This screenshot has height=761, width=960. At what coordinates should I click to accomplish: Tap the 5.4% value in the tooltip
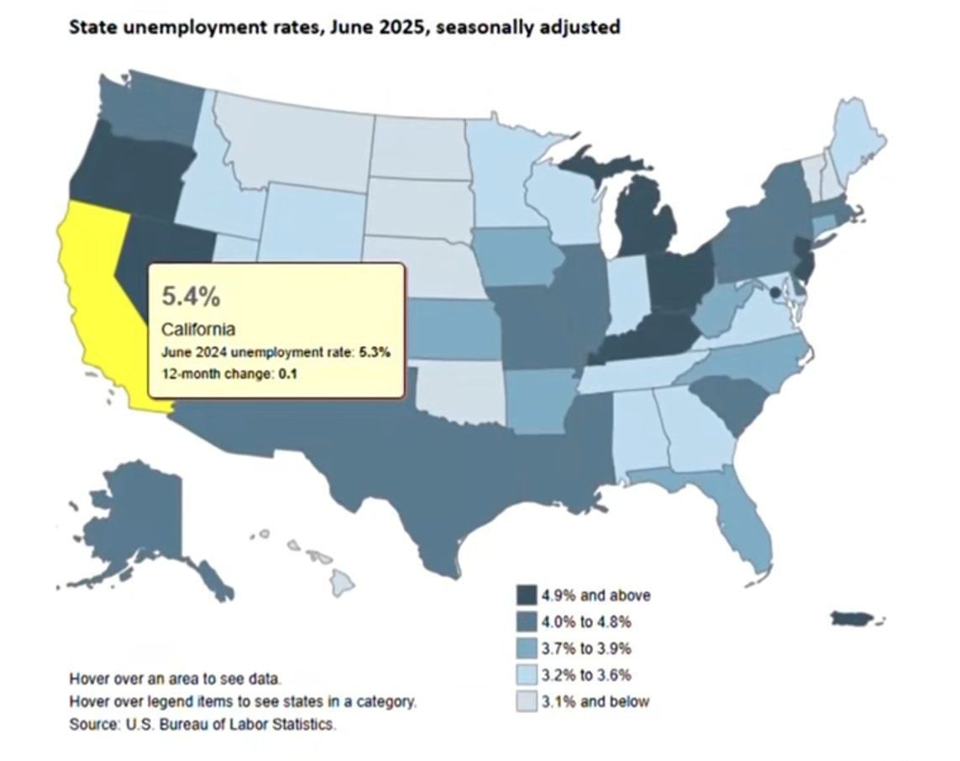click(191, 296)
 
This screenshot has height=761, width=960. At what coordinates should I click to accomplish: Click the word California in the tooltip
click(197, 329)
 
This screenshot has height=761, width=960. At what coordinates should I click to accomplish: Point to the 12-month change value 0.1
click(287, 374)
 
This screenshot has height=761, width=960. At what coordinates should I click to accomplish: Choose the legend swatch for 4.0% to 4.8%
click(527, 622)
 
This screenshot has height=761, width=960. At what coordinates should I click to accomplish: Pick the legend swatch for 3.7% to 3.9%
click(527, 648)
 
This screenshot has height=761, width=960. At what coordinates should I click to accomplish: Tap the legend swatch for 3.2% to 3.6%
click(527, 674)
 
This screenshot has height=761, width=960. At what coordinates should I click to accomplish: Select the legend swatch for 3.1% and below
click(527, 701)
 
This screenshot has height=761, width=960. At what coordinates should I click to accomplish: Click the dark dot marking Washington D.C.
click(774, 292)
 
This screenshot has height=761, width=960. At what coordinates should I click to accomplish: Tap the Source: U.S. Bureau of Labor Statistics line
click(202, 723)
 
